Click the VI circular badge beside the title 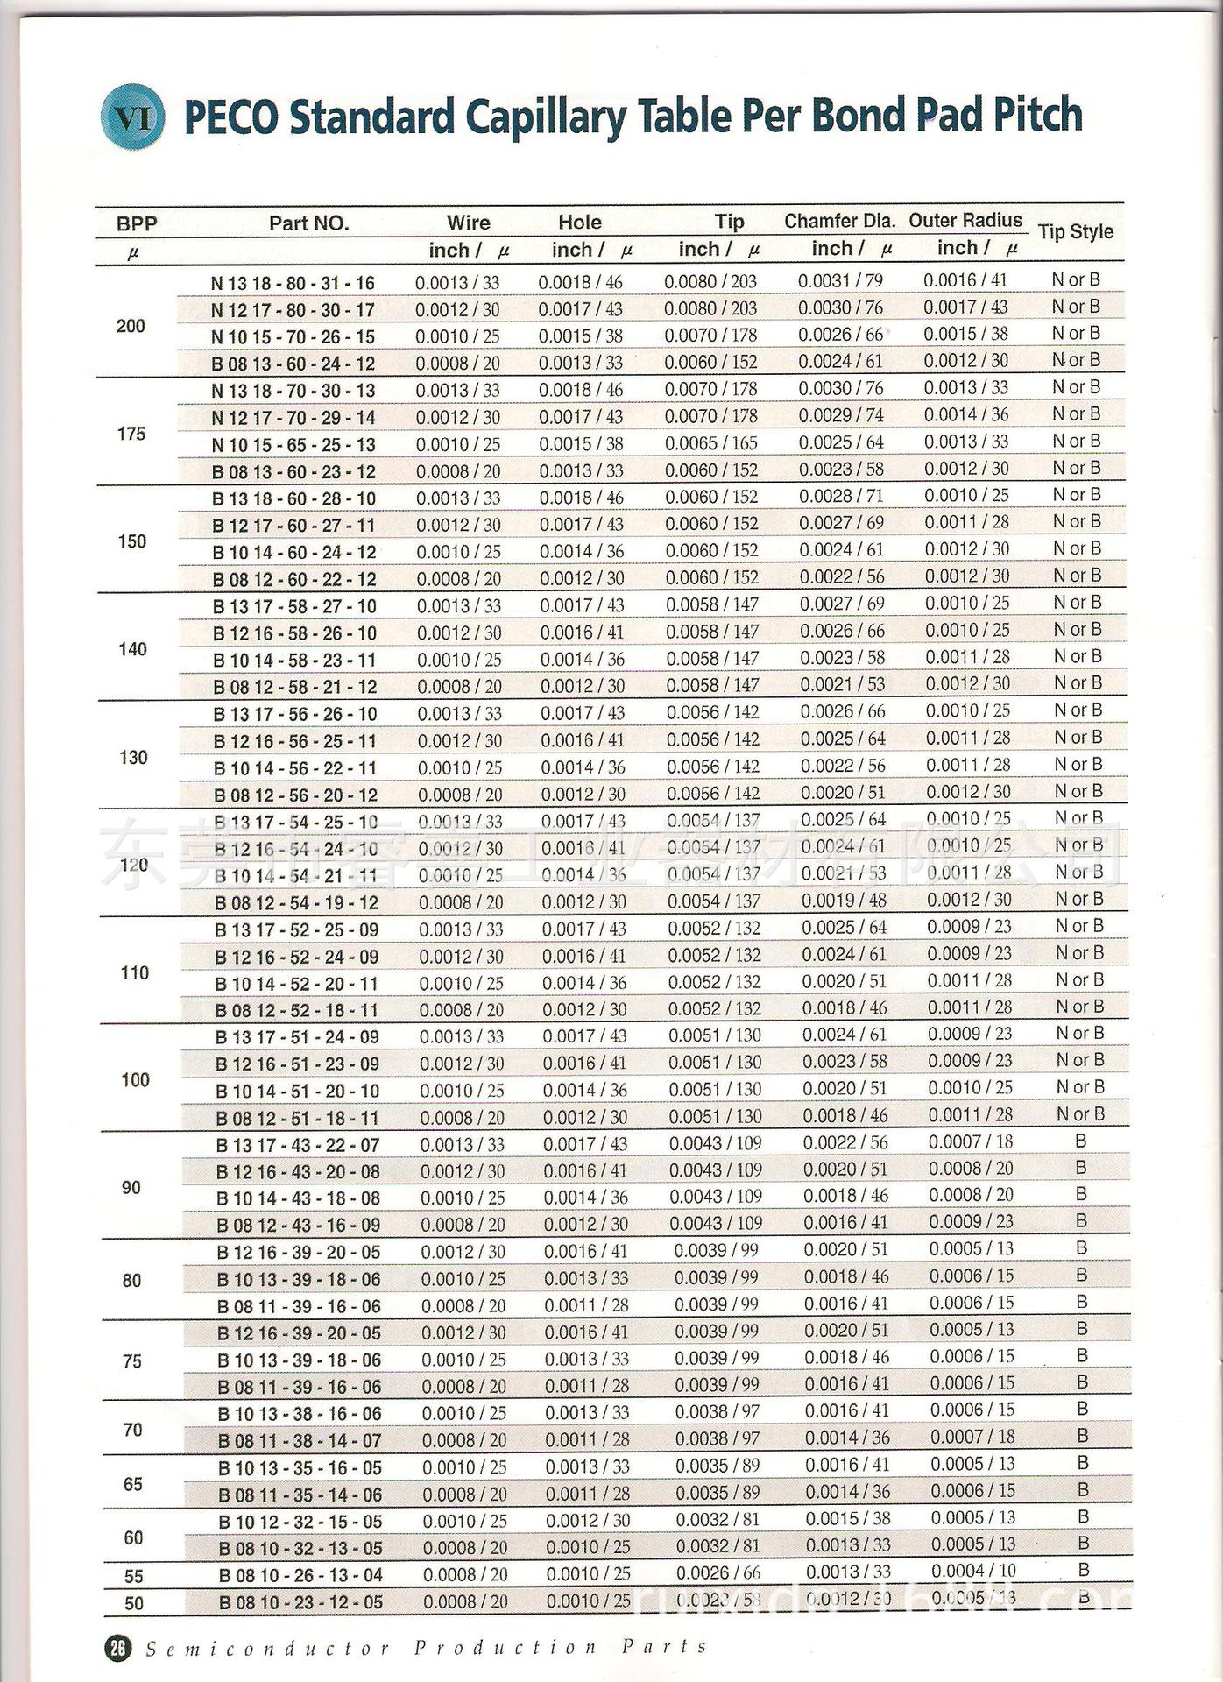pos(133,117)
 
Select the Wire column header pos(468,223)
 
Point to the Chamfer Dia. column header pos(839,221)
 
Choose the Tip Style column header pos(1075,232)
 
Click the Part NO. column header pos(308,223)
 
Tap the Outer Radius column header pos(965,220)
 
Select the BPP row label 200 pos(131,326)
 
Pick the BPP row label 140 pos(132,649)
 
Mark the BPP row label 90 pos(131,1188)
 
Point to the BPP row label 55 pos(133,1577)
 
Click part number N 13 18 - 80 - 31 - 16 pos(293,283)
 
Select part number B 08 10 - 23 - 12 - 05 pos(300,1603)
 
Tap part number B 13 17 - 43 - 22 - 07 pos(298,1145)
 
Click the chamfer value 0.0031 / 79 pos(840,281)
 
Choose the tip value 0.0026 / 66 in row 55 pos(718,1573)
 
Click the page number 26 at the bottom pos(117,1649)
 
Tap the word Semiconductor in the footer pos(267,1650)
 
